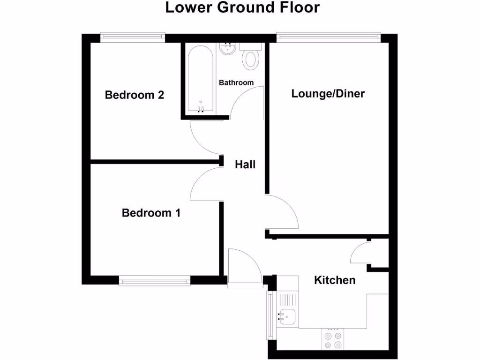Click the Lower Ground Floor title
(242, 8)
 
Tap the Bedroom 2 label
(135, 95)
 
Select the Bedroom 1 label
(151, 213)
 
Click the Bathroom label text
(236, 82)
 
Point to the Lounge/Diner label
(328, 93)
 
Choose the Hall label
(245, 165)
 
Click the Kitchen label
(334, 280)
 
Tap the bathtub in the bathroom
(201, 79)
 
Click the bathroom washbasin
(228, 48)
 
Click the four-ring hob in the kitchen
(333, 340)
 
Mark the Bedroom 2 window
(133, 37)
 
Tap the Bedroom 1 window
(154, 280)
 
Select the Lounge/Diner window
(328, 37)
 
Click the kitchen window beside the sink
(270, 315)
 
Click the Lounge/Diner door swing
(281, 213)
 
